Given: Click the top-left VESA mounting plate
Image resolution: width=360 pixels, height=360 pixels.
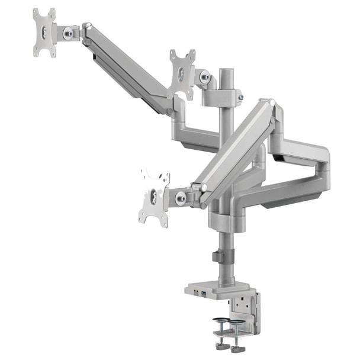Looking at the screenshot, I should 44,32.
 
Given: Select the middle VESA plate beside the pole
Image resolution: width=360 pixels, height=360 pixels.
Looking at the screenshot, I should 181,75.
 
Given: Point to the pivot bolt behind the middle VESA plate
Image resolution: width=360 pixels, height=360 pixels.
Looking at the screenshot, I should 205,76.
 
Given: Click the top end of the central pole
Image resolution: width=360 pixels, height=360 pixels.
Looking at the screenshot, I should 226,72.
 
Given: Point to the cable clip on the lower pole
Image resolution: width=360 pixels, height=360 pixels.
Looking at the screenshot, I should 217,258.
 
